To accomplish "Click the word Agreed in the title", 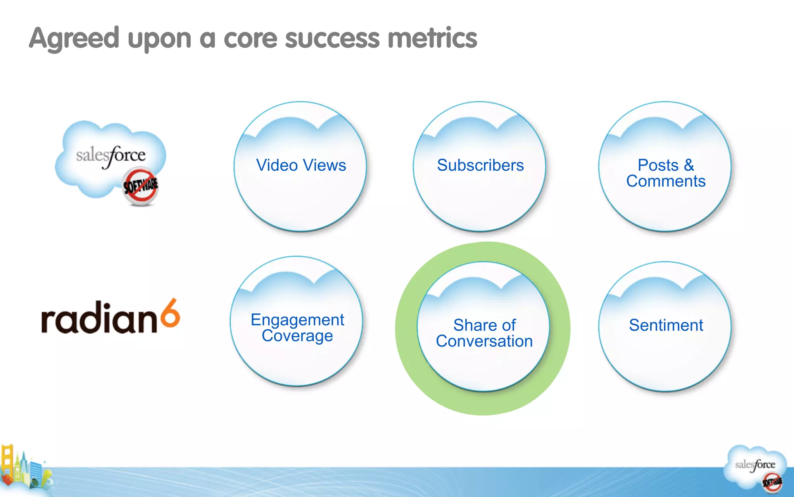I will (74, 39).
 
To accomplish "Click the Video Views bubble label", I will (301, 165).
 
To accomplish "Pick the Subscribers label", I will (480, 165).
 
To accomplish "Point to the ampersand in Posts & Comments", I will (689, 165).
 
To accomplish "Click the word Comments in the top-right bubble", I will (666, 181).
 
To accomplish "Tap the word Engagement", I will (297, 320).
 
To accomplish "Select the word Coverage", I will (297, 336).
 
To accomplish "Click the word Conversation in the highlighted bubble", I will (484, 341).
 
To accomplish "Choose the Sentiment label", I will (666, 325).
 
